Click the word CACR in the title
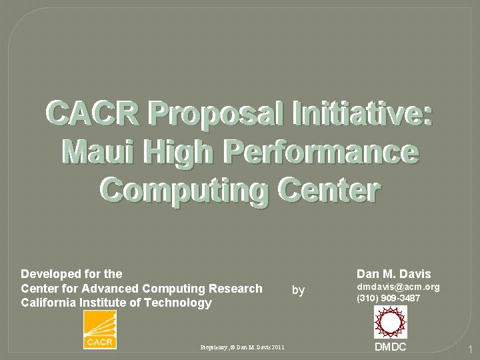pos(93,113)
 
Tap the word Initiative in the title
pos(360,113)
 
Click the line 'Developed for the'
pos(71,274)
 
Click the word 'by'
pos(299,290)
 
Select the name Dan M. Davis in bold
pos(394,274)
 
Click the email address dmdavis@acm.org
pos(399,287)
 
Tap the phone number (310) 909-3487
pos(389,298)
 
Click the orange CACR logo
pos(100,330)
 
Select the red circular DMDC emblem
pos(390,322)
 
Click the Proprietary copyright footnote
pos(242,347)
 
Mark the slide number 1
pos(469,349)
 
